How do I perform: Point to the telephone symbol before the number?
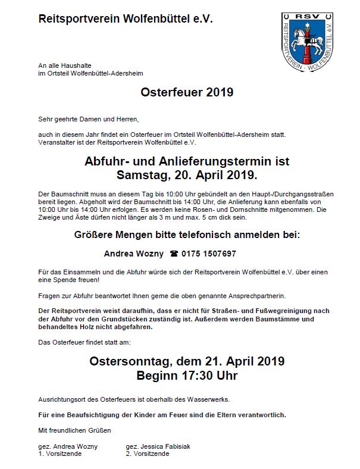[174, 254]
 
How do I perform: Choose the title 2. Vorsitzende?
[148, 454]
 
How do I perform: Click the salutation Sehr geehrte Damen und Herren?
[87, 118]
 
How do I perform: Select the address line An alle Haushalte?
[64, 65]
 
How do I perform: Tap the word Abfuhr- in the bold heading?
[107, 161]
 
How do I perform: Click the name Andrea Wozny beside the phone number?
[134, 254]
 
